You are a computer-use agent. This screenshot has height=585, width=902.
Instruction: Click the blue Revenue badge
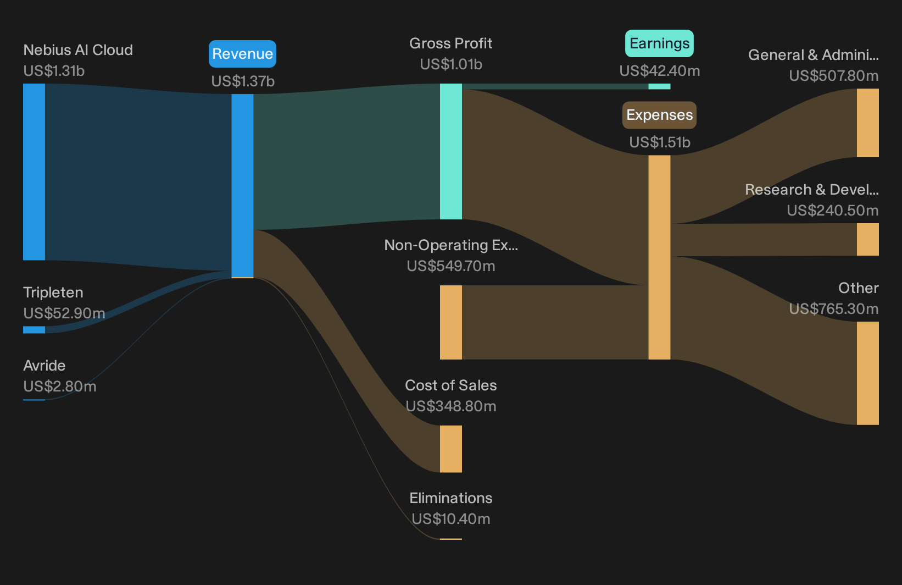coord(242,54)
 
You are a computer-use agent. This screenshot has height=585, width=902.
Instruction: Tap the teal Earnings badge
coord(659,43)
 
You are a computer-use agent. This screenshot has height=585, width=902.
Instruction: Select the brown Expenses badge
coord(659,115)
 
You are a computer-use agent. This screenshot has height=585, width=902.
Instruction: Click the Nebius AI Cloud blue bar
coord(34,172)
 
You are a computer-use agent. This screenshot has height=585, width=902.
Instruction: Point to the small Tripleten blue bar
coord(34,330)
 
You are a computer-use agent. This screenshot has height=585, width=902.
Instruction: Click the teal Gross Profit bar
coord(450,151)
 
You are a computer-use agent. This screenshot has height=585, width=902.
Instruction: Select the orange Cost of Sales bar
coord(450,449)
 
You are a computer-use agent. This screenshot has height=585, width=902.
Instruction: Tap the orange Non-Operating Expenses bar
coord(450,322)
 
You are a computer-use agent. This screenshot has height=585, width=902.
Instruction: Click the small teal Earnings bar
coord(659,86)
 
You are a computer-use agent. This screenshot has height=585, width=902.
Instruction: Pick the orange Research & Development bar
coord(868,240)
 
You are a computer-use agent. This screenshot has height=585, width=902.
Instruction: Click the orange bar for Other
coord(868,373)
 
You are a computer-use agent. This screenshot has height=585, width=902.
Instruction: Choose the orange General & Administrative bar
coord(868,123)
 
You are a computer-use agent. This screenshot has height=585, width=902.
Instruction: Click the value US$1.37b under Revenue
coord(243,81)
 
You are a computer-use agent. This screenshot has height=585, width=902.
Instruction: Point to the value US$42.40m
coord(660,70)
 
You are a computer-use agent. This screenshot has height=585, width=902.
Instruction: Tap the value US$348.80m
coord(450,406)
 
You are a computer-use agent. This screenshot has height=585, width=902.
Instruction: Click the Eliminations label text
coord(450,498)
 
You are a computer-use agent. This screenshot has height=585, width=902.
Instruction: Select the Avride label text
coord(44,366)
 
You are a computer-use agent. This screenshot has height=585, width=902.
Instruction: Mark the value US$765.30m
coord(833,309)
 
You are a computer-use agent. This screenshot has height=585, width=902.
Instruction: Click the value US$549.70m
coord(450,266)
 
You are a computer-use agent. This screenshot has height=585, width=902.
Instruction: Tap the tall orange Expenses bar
coord(659,257)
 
